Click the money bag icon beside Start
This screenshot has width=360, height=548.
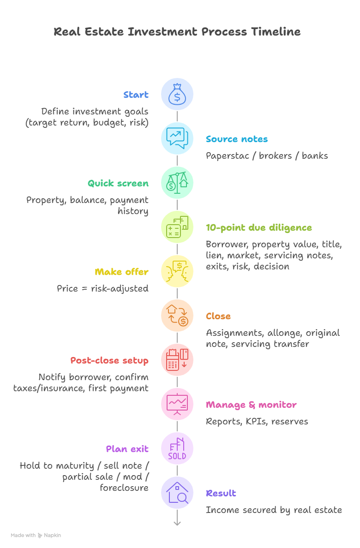coord(177,95)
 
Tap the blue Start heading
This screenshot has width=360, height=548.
coord(136,95)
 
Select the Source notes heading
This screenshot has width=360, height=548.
coord(236,139)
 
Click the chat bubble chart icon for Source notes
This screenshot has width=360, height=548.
coord(177,138)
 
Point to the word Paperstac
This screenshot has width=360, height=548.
coord(228,155)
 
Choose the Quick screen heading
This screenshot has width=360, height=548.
coord(118,183)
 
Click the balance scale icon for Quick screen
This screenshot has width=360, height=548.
coord(177,183)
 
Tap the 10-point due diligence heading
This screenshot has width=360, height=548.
coord(258,227)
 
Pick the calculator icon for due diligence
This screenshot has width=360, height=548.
coord(177,227)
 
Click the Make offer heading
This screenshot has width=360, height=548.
coord(121,272)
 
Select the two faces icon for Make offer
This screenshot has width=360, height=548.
coord(177,272)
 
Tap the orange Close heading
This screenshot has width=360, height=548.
coord(218,316)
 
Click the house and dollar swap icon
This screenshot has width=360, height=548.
coord(177,316)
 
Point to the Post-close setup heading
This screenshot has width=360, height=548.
coord(109,361)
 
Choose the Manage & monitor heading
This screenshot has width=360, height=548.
coord(251,405)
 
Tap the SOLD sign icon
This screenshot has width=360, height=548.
coord(177,449)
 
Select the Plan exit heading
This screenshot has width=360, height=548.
coord(127,449)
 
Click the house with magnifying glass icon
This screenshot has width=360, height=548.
coord(177,493)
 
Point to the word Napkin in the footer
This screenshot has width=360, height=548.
coord(52,535)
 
